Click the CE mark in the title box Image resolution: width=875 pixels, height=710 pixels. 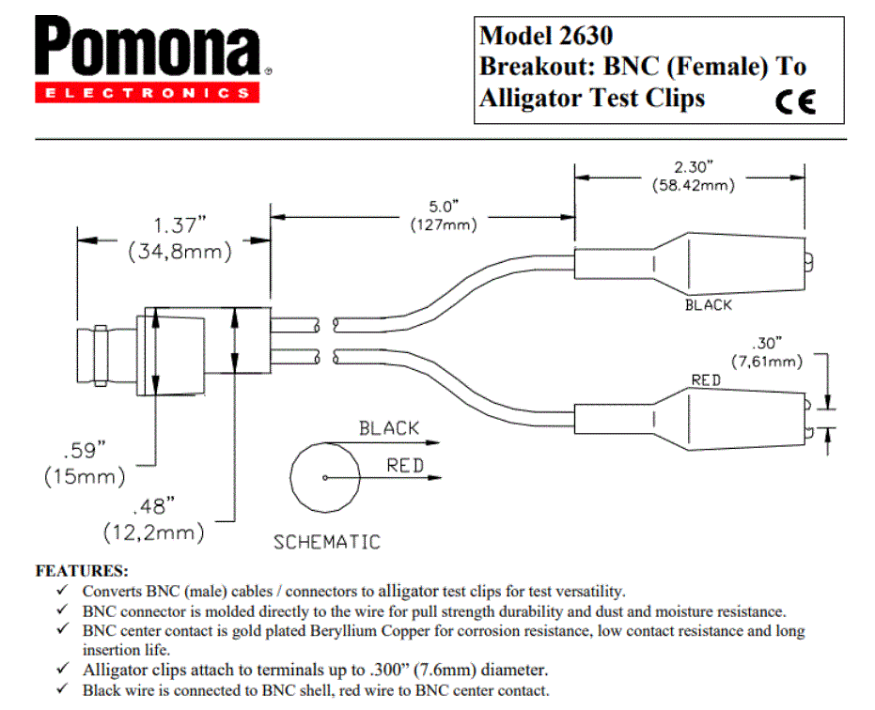(796, 101)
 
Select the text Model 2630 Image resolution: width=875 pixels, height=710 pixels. (546, 36)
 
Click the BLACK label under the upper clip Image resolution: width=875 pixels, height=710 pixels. (708, 305)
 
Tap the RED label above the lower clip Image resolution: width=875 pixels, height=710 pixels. (706, 379)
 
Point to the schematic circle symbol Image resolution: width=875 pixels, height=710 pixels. (324, 476)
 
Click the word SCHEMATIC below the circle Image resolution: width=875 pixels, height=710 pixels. (327, 542)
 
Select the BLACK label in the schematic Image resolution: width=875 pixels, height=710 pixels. (388, 428)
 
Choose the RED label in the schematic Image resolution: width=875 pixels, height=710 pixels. (404, 465)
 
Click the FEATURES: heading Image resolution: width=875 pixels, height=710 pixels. (82, 570)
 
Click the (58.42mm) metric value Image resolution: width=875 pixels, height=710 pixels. (693, 185)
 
